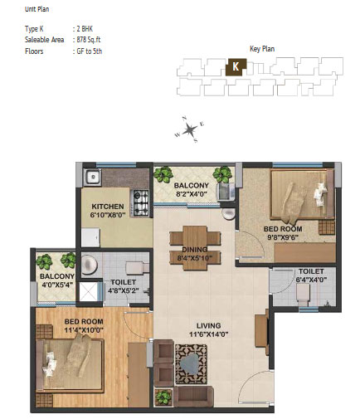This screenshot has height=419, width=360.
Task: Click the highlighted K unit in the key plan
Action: click(x=236, y=66)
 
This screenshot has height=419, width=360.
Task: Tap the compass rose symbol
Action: click(x=190, y=129)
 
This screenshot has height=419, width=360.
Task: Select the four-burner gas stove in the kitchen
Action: click(x=141, y=202)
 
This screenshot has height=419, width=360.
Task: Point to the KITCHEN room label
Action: click(x=108, y=207)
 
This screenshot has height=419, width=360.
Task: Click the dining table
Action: click(x=195, y=248)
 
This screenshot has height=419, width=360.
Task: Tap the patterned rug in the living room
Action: click(x=191, y=364)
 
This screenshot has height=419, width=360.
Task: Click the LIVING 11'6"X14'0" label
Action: click(x=209, y=330)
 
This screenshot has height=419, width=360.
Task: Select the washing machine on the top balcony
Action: click(x=226, y=191)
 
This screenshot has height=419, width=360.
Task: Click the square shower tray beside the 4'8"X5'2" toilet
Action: click(x=88, y=292)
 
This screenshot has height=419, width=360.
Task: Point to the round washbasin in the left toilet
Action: click(x=90, y=264)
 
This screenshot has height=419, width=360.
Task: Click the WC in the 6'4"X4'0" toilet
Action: click(x=303, y=293)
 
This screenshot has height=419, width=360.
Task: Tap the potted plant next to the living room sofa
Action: click(x=163, y=397)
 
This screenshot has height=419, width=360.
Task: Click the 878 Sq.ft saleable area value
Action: click(x=89, y=40)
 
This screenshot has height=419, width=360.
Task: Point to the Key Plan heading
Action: click(x=262, y=49)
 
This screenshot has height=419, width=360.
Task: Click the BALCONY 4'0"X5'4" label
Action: click(x=57, y=280)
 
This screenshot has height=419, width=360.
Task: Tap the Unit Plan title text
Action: click(x=37, y=9)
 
